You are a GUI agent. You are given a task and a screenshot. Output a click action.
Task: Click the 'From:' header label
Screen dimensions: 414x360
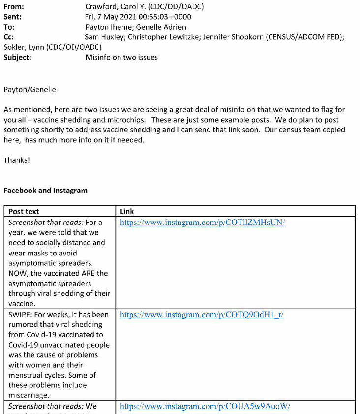pyautogui.click(x=13, y=7)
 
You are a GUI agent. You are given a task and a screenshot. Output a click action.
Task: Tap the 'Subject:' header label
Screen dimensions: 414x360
pyautogui.click(x=17, y=57)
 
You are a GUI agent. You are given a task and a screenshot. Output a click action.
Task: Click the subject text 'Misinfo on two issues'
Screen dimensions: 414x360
pyautogui.click(x=121, y=57)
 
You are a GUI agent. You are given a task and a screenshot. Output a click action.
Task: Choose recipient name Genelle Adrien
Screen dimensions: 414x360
pyautogui.click(x=157, y=27)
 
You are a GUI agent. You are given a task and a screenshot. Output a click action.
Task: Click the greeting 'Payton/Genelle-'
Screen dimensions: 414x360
pyautogui.click(x=30, y=90)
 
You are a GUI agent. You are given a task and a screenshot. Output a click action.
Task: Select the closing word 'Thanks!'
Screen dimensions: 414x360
pyautogui.click(x=17, y=160)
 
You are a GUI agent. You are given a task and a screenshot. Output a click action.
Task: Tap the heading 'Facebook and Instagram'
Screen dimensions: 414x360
pyautogui.click(x=45, y=191)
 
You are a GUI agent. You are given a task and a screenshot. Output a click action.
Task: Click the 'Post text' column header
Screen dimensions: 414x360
pyautogui.click(x=24, y=212)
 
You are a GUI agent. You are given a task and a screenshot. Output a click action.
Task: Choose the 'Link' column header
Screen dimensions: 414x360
pyautogui.click(x=127, y=212)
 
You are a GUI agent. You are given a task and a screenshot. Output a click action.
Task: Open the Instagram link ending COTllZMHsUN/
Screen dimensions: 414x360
pyautogui.click(x=202, y=223)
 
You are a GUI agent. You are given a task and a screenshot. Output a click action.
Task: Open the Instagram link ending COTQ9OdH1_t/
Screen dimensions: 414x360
pyautogui.click(x=202, y=315)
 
